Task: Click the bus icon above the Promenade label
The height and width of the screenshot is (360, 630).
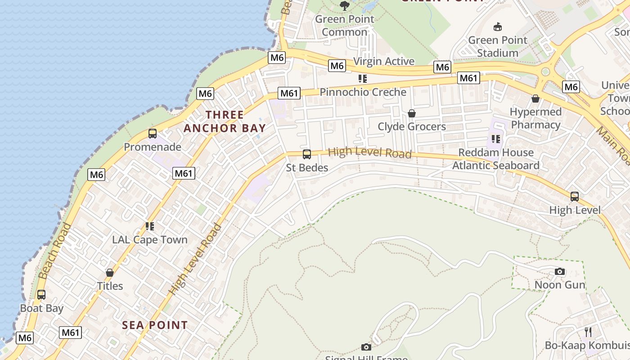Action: (153, 134)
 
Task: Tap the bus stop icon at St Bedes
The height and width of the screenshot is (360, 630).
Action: (307, 154)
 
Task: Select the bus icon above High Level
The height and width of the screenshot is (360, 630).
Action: (575, 197)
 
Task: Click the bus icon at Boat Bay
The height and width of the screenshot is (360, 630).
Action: (41, 295)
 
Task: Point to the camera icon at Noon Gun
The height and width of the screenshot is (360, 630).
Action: (560, 271)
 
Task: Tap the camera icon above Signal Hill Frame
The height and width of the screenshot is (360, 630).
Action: (366, 347)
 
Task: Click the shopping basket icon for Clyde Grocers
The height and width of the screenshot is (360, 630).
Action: (412, 113)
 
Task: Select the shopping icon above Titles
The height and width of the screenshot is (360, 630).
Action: (110, 273)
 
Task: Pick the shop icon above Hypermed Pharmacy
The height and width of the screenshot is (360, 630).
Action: (535, 99)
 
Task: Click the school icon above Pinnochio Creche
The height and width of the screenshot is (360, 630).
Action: (363, 79)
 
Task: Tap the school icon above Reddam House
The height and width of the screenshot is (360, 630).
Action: (496, 139)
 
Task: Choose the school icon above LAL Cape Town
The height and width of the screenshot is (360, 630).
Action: (150, 226)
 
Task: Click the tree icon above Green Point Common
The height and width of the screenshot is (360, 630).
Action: (345, 6)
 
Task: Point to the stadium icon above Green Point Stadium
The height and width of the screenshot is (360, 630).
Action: (498, 27)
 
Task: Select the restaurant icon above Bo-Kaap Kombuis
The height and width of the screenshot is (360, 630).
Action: (588, 332)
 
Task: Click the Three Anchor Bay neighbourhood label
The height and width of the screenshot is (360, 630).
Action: (225, 121)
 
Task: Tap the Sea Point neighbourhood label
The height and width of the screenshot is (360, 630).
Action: (155, 325)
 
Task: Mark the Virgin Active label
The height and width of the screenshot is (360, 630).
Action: (384, 61)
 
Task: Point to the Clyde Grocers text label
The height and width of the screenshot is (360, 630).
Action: (412, 126)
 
